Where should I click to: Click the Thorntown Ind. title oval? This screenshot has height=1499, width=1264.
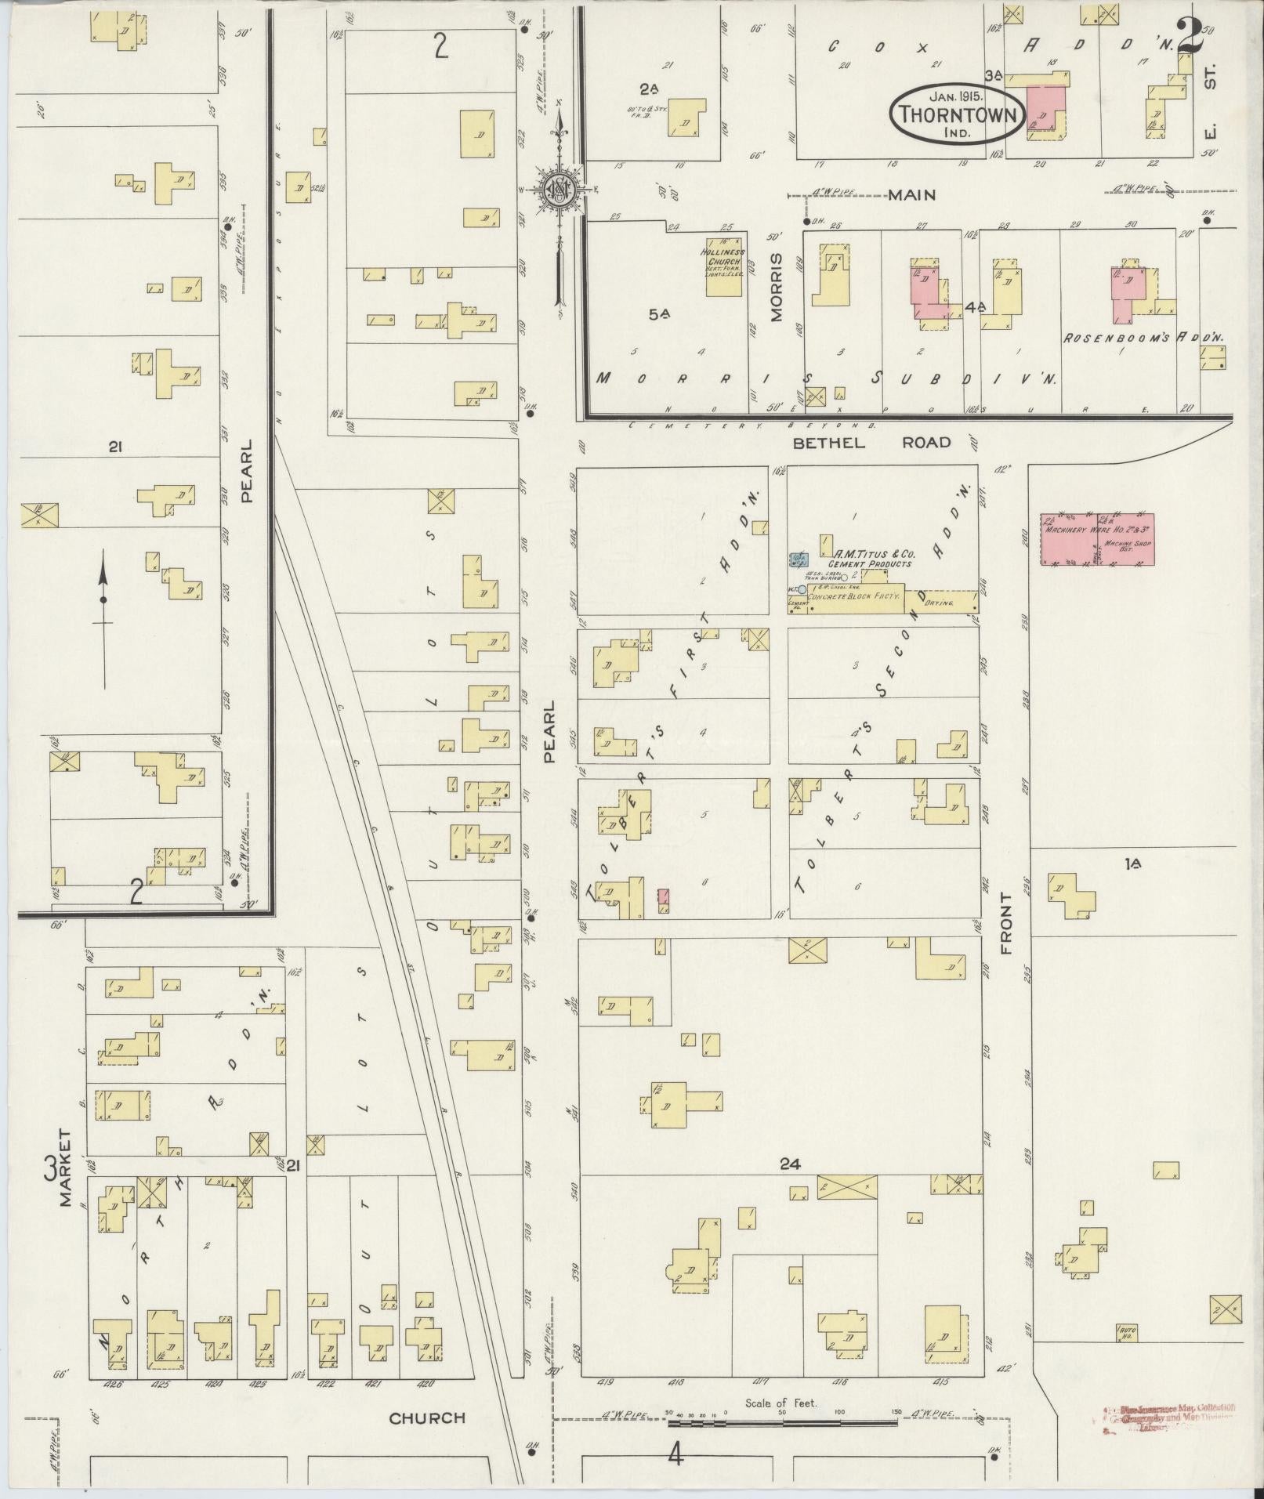957,114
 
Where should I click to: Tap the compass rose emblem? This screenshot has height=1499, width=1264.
560,189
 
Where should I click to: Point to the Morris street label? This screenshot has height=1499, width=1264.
776,287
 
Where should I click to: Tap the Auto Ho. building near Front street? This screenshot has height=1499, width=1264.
1127,1331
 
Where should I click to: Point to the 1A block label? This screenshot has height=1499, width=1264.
1132,864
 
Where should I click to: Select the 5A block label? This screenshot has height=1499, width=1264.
659,314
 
